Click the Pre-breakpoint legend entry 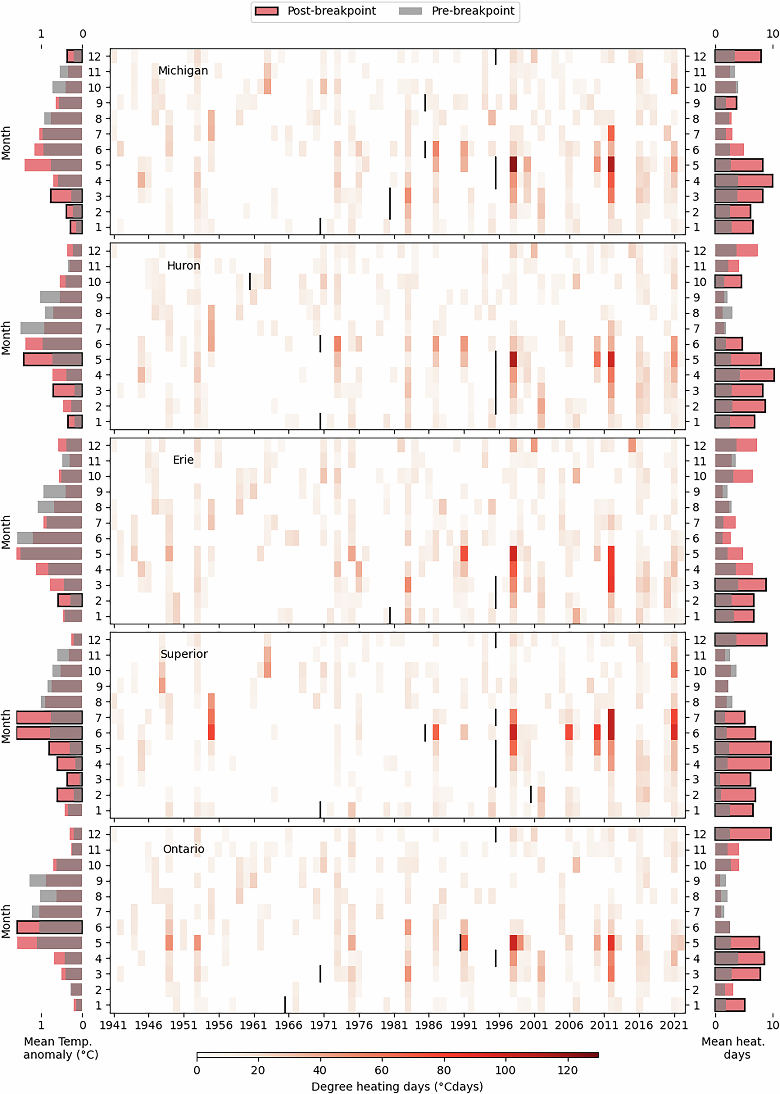tap(457, 11)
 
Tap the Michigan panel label tap(183, 70)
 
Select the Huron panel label tap(183, 266)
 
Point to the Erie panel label tap(183, 460)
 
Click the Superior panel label tap(184, 654)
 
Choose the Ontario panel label tap(183, 849)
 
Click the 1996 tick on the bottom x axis tap(499, 1025)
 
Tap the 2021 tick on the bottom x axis tap(673, 1025)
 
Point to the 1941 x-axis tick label tap(113, 1025)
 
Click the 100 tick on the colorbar tap(505, 1070)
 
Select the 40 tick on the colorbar tap(320, 1070)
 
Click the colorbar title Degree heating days tap(397, 1086)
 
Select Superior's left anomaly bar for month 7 tap(49, 717)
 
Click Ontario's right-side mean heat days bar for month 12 tap(742, 834)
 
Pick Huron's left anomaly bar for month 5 tap(53, 359)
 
